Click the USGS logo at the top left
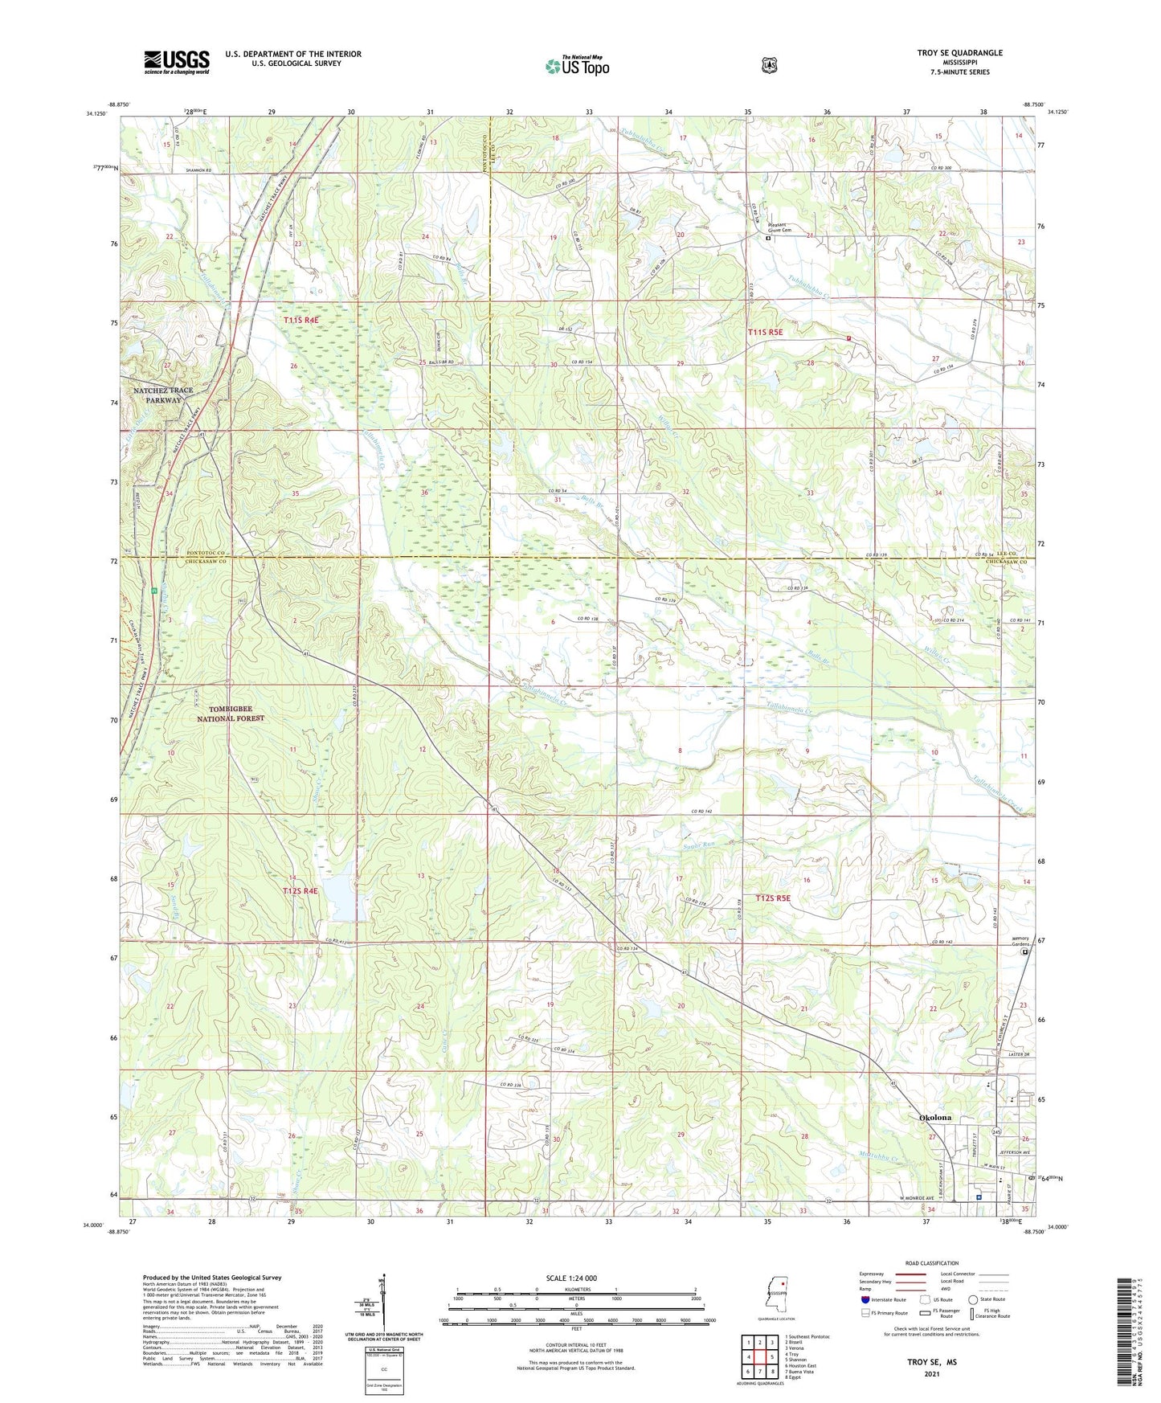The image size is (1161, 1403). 177,61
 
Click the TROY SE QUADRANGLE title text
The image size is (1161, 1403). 959,53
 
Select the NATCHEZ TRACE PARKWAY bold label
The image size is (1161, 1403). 163,395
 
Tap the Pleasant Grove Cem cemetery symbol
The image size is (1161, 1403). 767,238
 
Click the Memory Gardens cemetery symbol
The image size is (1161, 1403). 1024,952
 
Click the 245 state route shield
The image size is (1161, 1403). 996,1131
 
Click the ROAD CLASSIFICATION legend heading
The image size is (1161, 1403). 931,1263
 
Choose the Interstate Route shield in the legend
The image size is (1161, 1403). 865,1299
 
